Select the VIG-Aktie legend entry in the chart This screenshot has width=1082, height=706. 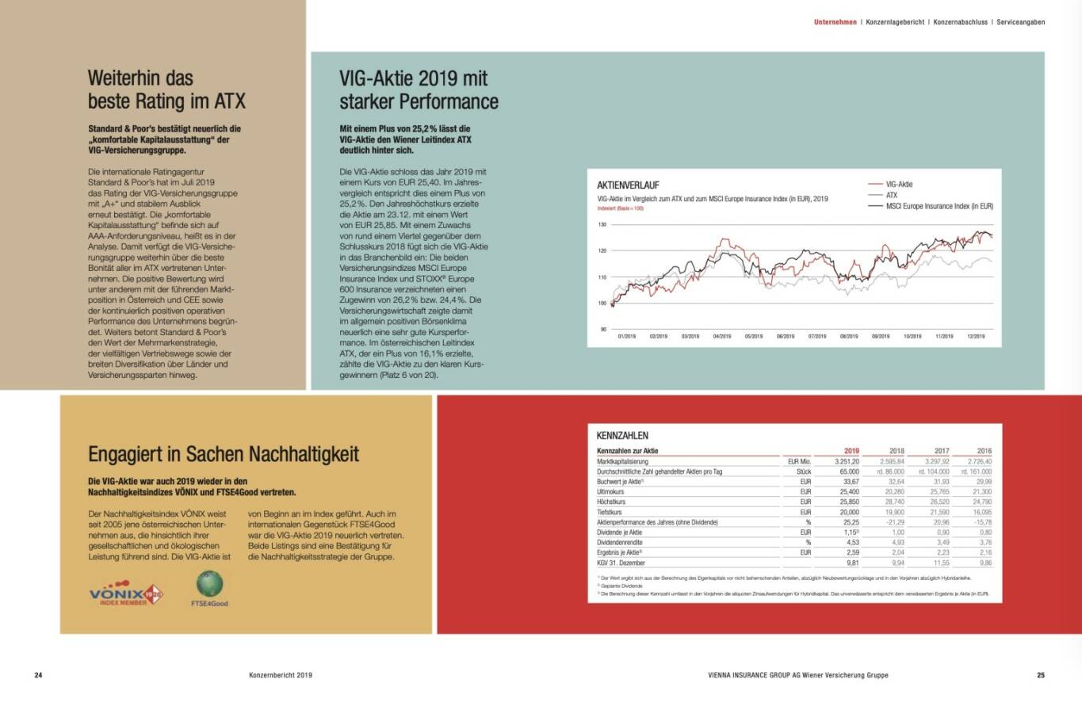[899, 184]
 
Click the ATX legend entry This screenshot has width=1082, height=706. [892, 195]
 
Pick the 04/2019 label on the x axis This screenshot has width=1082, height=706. [721, 336]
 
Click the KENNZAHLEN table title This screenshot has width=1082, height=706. [622, 435]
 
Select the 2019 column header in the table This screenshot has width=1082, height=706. [851, 451]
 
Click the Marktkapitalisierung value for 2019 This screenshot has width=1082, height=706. [847, 461]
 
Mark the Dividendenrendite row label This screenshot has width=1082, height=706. [621, 543]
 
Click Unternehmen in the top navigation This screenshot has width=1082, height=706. [835, 22]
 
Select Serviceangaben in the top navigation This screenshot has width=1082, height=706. [1020, 22]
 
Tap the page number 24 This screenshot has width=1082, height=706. [38, 676]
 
